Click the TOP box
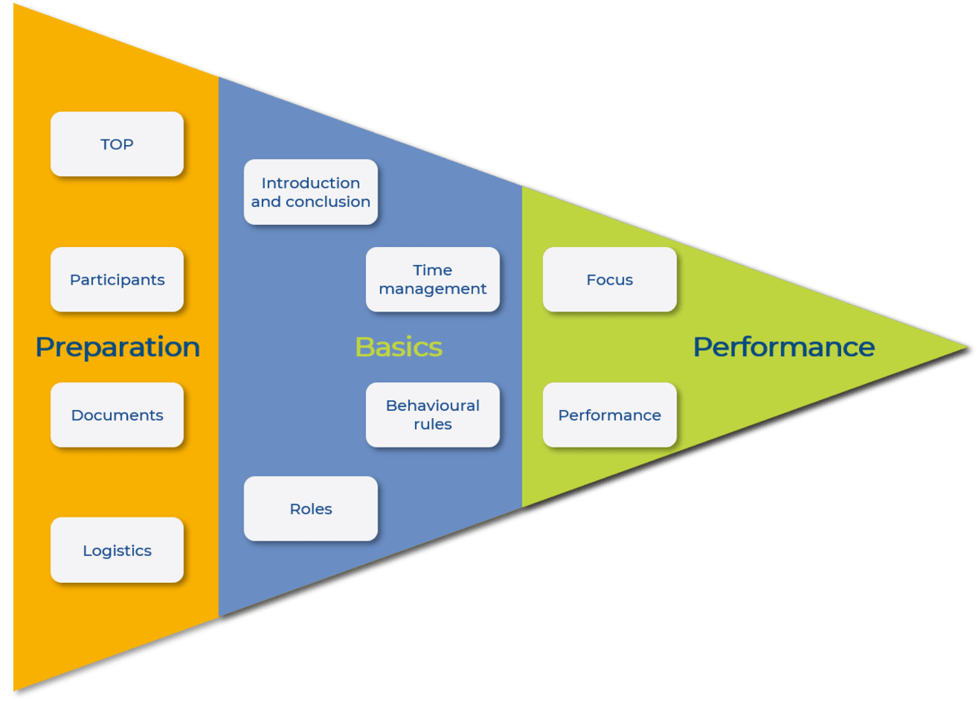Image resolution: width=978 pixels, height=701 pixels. (117, 144)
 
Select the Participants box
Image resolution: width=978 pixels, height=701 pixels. (117, 280)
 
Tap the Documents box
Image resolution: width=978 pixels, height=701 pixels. (117, 415)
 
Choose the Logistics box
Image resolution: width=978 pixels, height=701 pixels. (117, 550)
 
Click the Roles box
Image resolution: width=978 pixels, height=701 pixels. (311, 509)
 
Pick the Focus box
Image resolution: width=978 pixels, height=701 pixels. (610, 280)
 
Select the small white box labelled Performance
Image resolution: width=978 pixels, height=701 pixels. (610, 415)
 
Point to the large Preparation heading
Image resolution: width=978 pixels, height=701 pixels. (117, 347)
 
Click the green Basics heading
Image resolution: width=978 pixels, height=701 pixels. (399, 347)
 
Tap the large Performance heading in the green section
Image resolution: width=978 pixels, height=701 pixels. (783, 347)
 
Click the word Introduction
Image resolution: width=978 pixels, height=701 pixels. (311, 183)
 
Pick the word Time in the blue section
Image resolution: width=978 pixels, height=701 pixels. (433, 270)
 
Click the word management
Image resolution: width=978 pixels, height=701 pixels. (433, 289)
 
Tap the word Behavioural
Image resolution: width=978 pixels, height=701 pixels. (433, 405)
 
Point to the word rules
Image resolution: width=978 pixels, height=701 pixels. (433, 425)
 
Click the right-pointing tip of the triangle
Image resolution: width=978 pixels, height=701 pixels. (969, 347)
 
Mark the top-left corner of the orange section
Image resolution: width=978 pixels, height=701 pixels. (13, 5)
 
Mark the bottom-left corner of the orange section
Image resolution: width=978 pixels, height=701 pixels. (14, 690)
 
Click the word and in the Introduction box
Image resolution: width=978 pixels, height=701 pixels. (266, 202)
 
